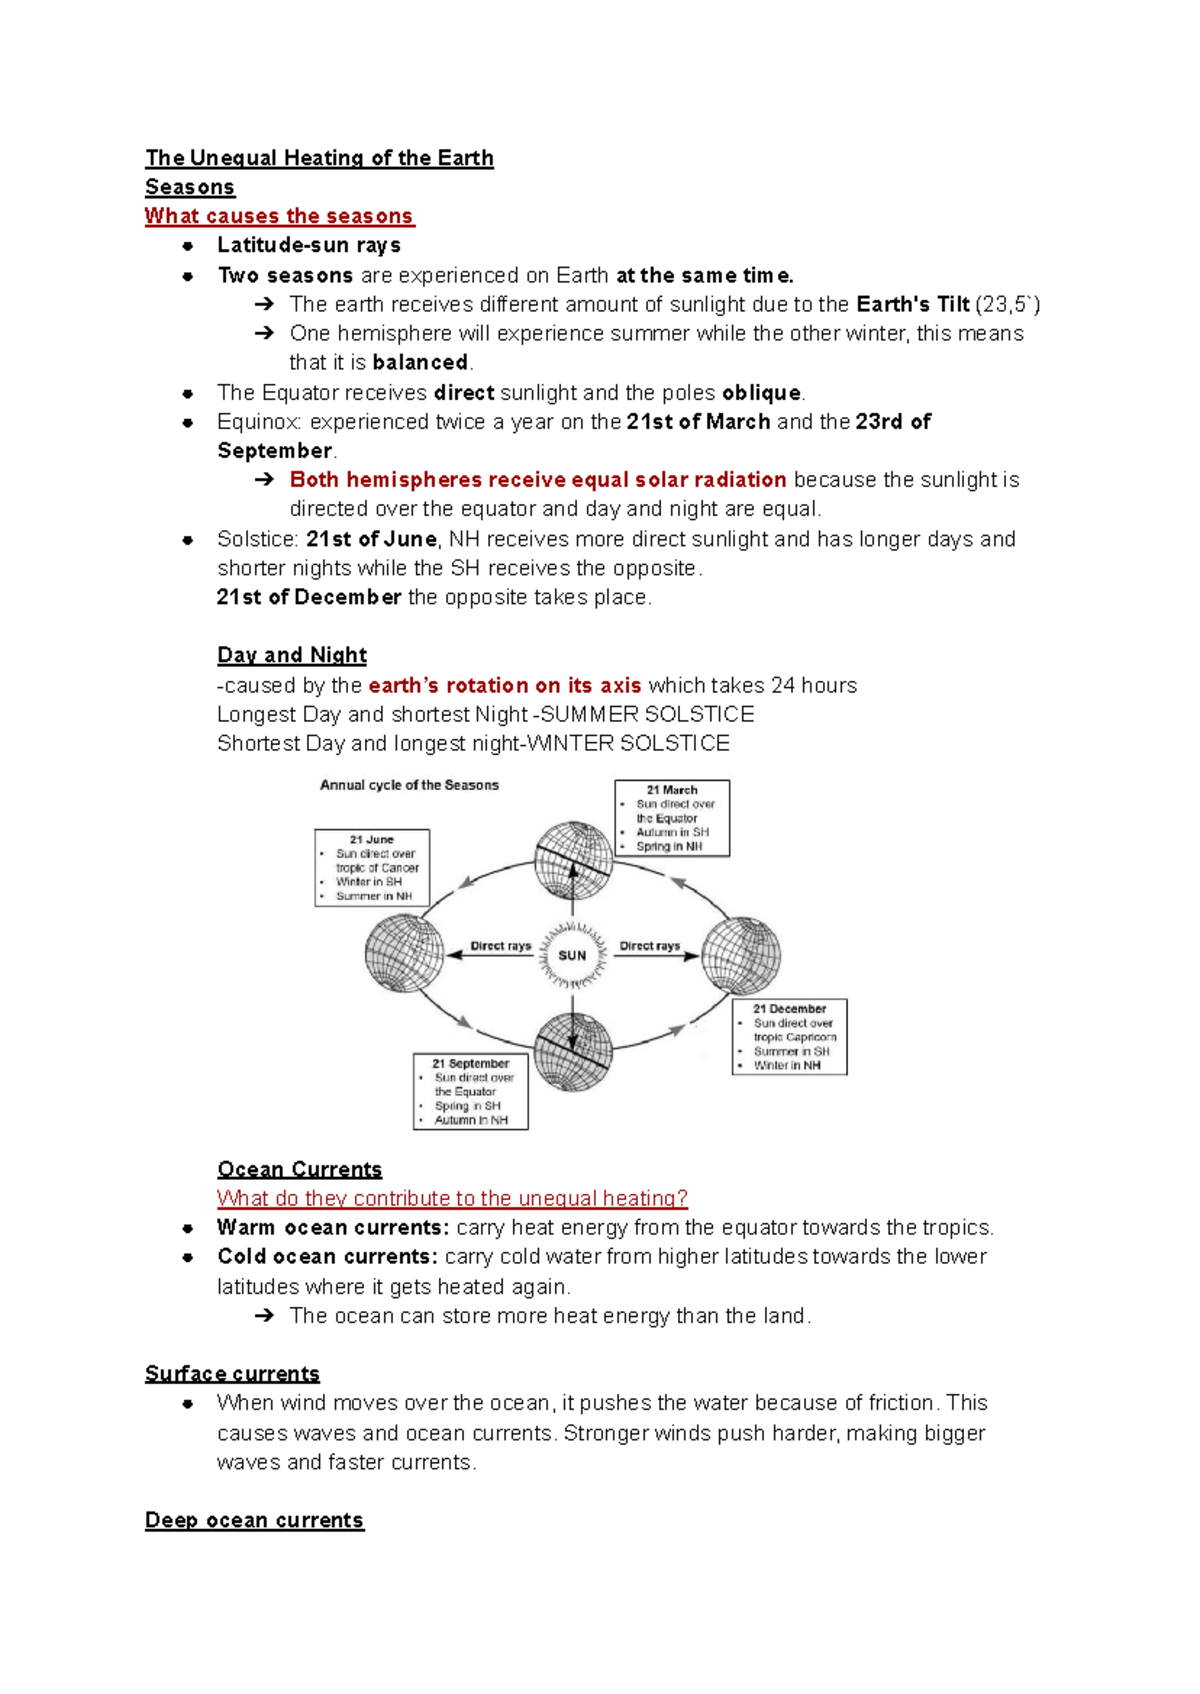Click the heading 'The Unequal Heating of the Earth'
[319, 158]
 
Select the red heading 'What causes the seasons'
[279, 216]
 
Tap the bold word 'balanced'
[420, 362]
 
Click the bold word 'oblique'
[761, 392]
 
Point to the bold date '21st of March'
[698, 421]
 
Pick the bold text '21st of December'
[309, 597]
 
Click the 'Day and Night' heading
[292, 655]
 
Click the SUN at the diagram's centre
[572, 955]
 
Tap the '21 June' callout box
[372, 868]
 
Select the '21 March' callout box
[672, 818]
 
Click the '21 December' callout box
[790, 1037]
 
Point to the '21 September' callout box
[471, 1092]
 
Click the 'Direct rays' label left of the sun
[500, 946]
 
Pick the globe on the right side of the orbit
[741, 955]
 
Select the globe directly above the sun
[573, 861]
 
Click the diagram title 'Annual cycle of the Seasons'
[409, 785]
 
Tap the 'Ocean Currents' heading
[299, 1169]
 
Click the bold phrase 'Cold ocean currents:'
[327, 1256]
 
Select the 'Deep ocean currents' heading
[254, 1520]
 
